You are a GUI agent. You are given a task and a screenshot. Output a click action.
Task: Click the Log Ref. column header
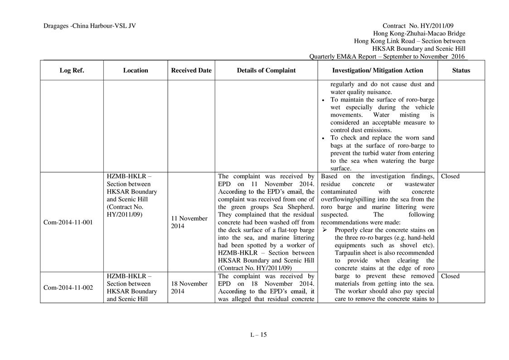[x=72, y=70]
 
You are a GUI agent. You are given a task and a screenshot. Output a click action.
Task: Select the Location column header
[x=135, y=70]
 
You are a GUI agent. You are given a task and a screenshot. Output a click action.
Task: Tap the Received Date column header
[x=191, y=70]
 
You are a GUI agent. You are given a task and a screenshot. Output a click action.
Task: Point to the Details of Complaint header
[x=266, y=70]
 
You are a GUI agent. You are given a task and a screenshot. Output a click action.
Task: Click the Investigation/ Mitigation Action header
[x=378, y=70]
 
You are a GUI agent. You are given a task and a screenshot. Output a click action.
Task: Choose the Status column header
[x=461, y=70]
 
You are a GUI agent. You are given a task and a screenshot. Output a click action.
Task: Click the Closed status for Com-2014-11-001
[x=450, y=176]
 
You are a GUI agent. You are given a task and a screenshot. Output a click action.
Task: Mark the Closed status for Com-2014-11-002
[x=450, y=276]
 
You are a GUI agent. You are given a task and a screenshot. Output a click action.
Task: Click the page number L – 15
[x=259, y=335]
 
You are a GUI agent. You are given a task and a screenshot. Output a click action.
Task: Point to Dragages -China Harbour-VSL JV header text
[x=90, y=26]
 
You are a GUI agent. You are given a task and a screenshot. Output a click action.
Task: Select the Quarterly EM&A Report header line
[x=387, y=57]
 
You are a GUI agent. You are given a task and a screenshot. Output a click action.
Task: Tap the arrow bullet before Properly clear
[x=324, y=230]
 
